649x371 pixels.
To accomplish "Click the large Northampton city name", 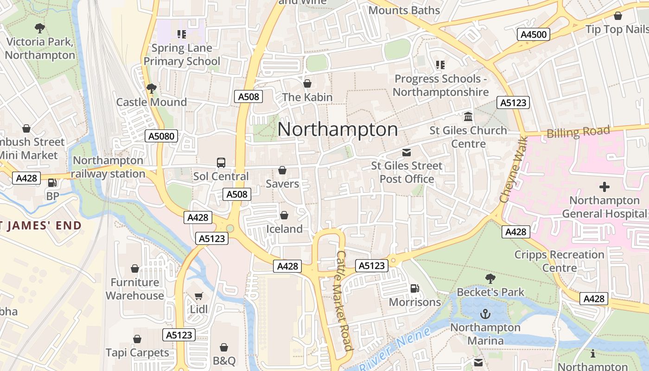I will point(337,129).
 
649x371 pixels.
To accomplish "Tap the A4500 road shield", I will point(533,34).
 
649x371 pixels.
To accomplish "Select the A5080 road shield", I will point(161,136).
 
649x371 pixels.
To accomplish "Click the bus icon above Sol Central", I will point(221,163).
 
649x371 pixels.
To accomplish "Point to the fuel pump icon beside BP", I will point(52,183).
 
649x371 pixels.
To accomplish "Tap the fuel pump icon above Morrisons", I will point(415,288).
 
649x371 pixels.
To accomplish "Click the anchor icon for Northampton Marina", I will point(485,314).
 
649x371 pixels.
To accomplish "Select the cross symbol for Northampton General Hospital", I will point(604,187).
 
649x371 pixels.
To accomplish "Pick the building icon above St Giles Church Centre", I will point(468,117).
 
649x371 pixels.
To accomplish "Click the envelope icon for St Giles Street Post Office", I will point(407,152).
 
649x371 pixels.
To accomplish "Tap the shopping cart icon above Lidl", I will point(199,296).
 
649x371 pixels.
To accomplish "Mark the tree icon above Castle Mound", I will point(151,88).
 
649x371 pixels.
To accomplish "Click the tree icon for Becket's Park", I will point(490,278).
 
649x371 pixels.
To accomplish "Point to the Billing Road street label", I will point(578,132).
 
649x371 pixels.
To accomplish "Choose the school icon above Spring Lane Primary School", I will point(182,34).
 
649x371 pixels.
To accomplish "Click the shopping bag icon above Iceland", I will point(284,216).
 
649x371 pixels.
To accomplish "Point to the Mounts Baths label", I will point(404,10).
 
